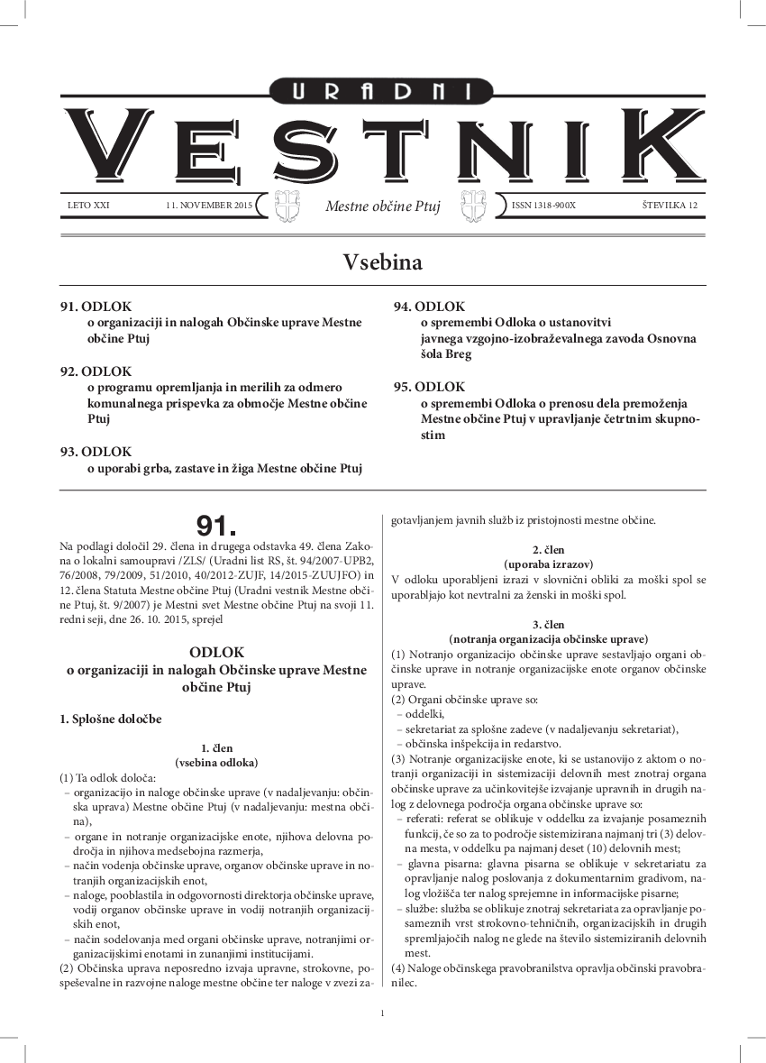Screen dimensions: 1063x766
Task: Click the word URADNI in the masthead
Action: [x=383, y=89]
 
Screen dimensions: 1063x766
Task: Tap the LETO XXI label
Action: [x=88, y=206]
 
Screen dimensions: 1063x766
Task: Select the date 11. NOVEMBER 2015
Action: [x=209, y=206]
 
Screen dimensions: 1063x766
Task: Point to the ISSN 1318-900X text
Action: [x=543, y=206]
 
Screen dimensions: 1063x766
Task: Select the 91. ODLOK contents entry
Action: [x=96, y=307]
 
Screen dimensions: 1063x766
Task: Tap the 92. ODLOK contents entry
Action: [x=96, y=371]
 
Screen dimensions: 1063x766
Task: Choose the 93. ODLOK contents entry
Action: [x=96, y=452]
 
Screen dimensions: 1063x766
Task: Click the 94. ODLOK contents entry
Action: [x=429, y=307]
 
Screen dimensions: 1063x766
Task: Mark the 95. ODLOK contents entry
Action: [x=429, y=387]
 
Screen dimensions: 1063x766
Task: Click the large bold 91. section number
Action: [x=216, y=526]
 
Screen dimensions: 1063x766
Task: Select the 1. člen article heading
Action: [x=216, y=747]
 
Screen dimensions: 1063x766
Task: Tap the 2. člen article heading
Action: [x=548, y=549]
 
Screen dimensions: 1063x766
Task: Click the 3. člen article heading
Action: [x=548, y=624]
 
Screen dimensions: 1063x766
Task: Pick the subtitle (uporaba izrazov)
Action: [x=548, y=564]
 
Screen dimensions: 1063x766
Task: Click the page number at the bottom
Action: [x=383, y=1014]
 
